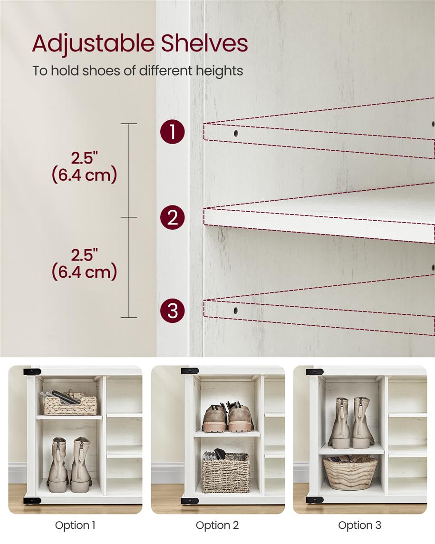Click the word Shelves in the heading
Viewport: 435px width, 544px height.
tap(204, 44)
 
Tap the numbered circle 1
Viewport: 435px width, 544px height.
tap(172, 132)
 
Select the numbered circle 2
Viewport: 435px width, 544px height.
tap(172, 218)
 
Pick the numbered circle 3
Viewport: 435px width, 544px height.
tap(172, 311)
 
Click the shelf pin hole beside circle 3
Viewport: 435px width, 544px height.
tap(235, 311)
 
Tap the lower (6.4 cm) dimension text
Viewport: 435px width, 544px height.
tap(84, 272)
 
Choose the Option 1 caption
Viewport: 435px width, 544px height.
tap(75, 525)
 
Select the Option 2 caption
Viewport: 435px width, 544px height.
tap(217, 525)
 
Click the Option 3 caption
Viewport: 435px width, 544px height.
tap(359, 525)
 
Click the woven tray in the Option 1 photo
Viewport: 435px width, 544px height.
tap(70, 405)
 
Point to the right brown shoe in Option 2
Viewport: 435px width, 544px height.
tap(240, 418)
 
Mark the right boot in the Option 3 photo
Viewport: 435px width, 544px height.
tap(363, 423)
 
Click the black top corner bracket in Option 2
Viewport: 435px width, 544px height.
tap(189, 371)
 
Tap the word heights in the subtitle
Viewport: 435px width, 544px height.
tap(220, 71)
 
